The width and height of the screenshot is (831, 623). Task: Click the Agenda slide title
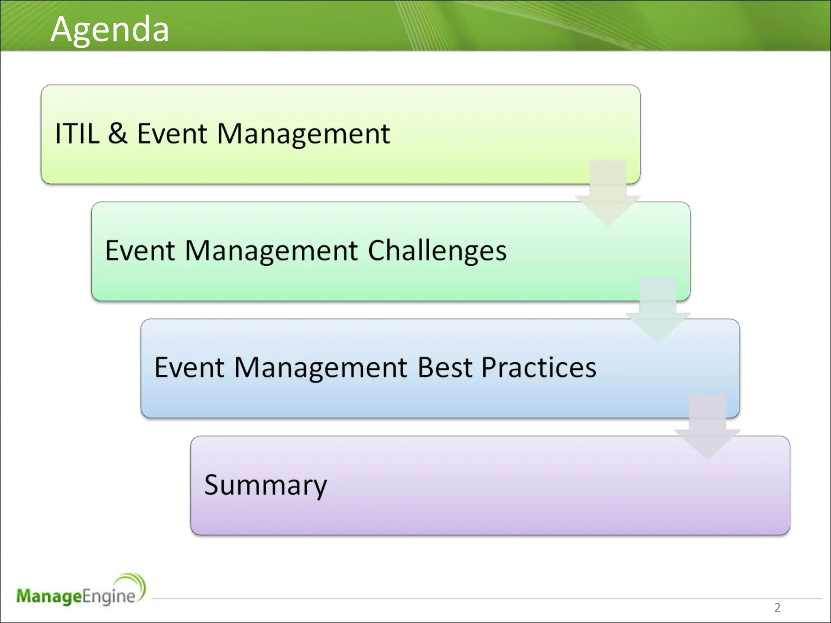(x=110, y=29)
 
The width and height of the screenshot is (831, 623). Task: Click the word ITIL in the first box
(x=77, y=133)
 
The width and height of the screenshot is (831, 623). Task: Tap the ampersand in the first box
(x=118, y=133)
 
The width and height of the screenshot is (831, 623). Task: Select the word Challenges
(x=437, y=251)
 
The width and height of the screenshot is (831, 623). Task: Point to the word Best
(x=445, y=367)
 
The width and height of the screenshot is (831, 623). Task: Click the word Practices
(x=539, y=367)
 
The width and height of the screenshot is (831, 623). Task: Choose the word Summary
(x=265, y=485)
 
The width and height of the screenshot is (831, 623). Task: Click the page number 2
(x=777, y=607)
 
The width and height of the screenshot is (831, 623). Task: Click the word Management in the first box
(x=303, y=133)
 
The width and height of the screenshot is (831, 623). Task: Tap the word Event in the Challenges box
(x=140, y=251)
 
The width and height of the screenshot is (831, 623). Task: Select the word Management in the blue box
(x=321, y=367)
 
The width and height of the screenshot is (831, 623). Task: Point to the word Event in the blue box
(x=189, y=367)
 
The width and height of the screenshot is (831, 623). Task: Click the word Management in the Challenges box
(x=271, y=251)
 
